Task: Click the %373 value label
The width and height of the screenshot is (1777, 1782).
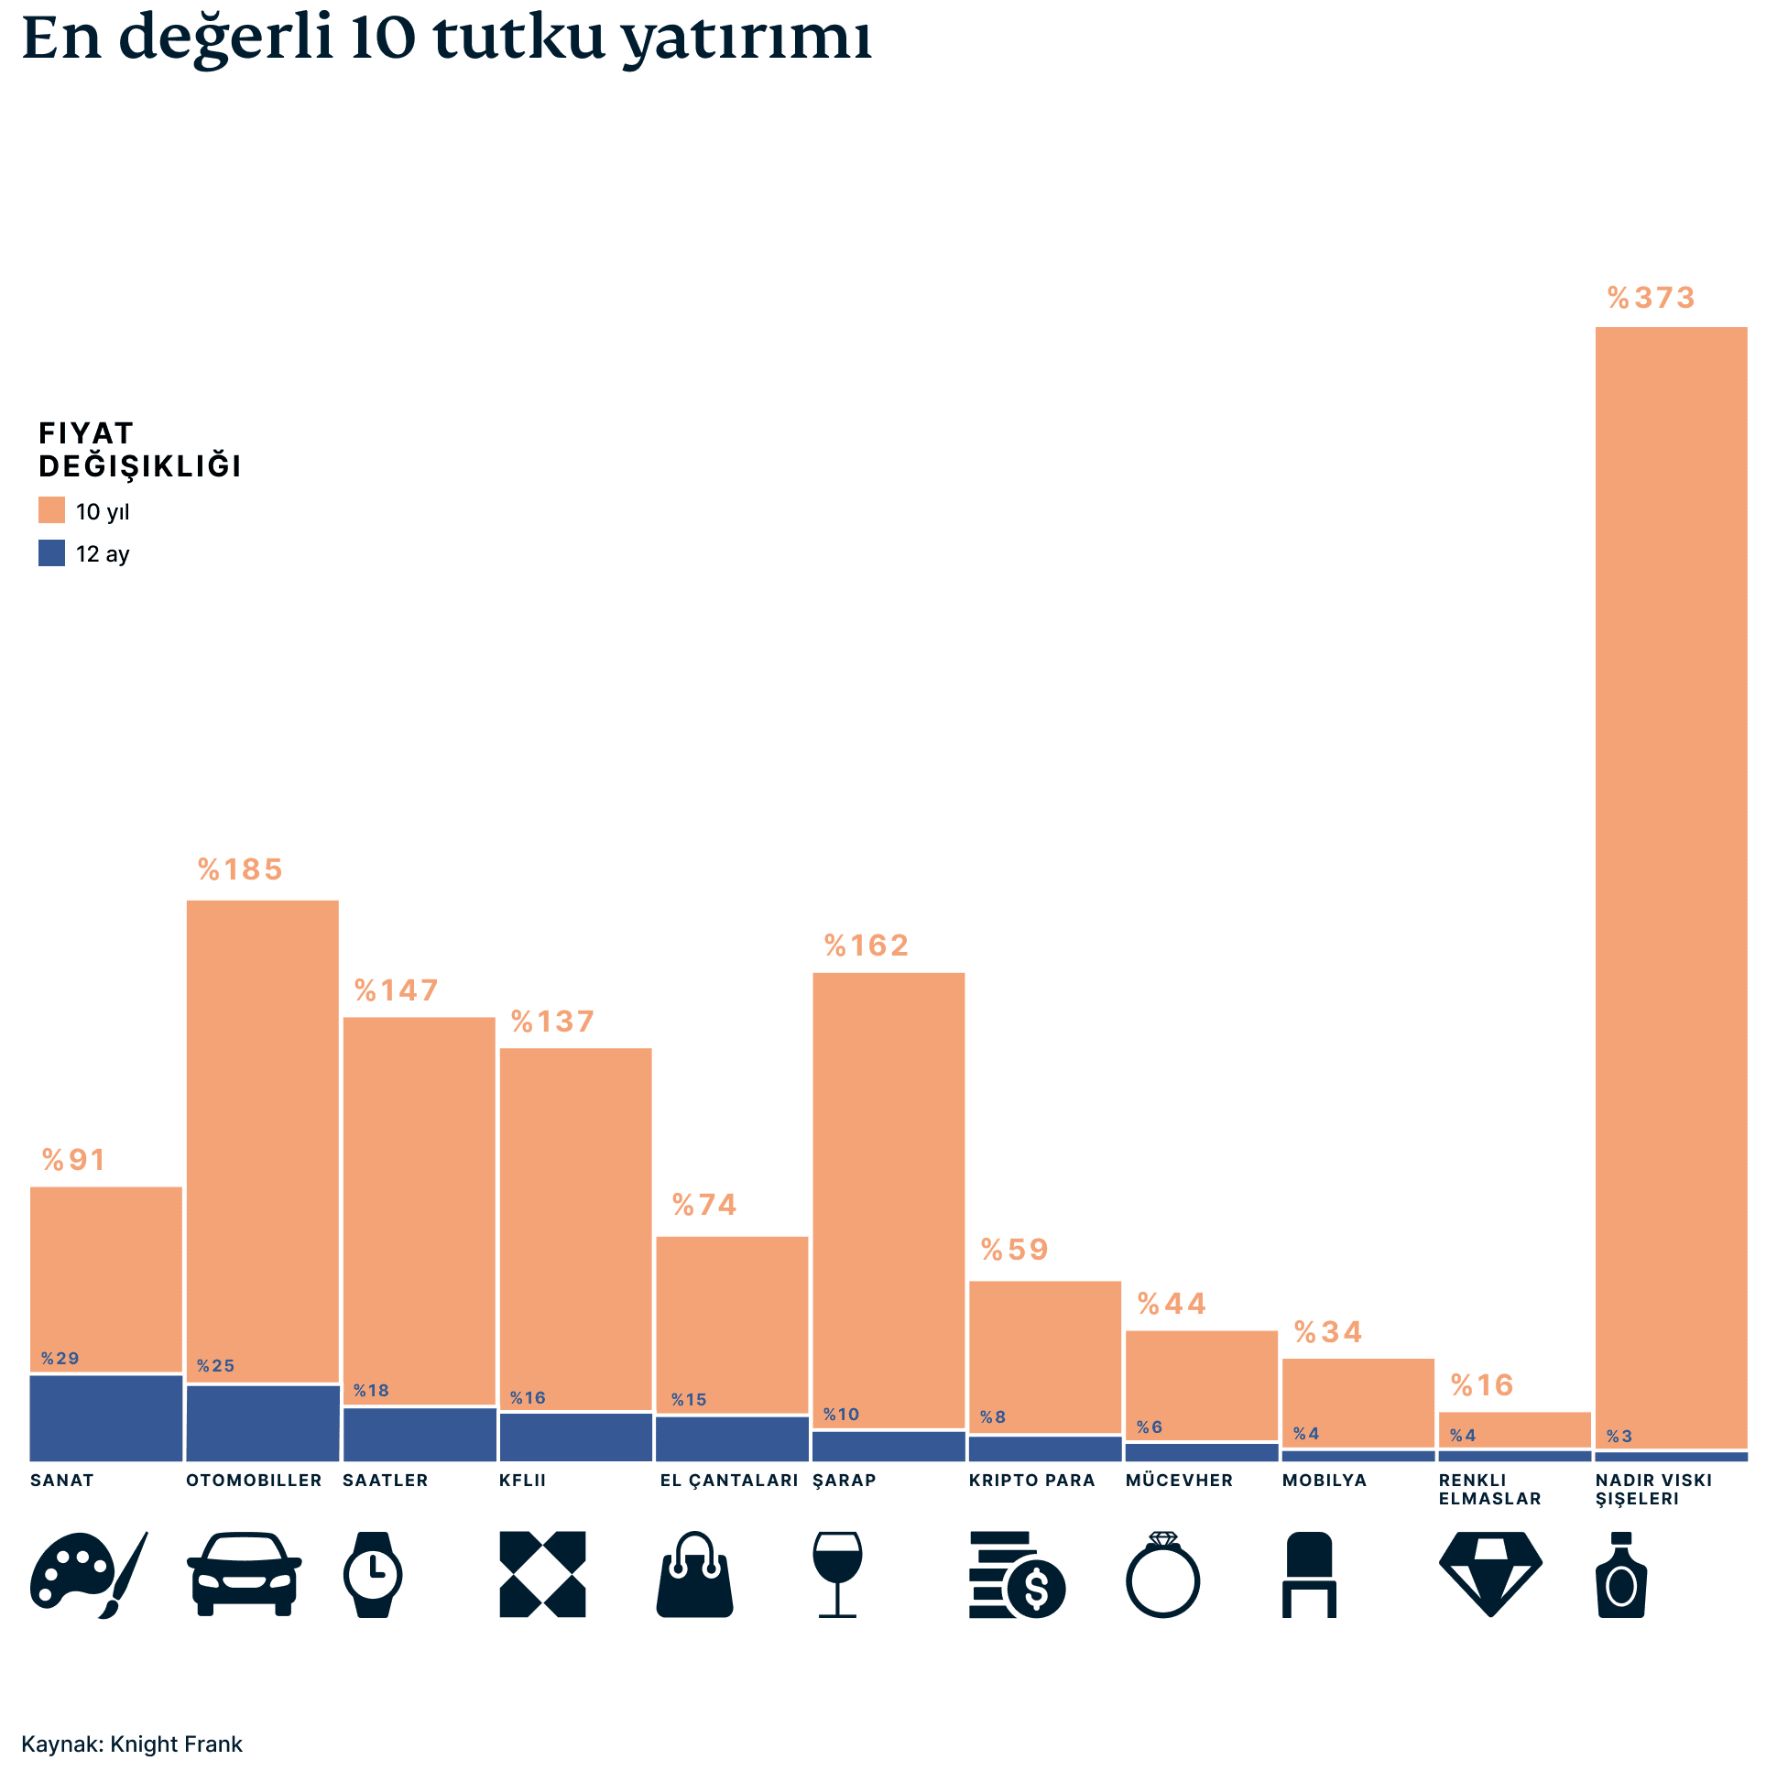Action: (x=1650, y=298)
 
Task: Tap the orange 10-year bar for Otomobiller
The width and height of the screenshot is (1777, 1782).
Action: (x=263, y=1139)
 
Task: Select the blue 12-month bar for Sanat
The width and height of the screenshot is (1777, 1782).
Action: (x=106, y=1417)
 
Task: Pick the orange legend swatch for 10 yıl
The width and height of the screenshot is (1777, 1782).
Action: (x=51, y=510)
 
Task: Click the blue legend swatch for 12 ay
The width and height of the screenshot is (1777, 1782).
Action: (x=51, y=552)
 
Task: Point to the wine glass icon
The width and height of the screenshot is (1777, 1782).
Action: (x=837, y=1574)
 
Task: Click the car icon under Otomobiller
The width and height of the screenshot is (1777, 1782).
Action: (x=244, y=1574)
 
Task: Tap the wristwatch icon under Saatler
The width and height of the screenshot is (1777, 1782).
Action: (x=373, y=1574)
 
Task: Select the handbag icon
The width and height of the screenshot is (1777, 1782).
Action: (x=694, y=1574)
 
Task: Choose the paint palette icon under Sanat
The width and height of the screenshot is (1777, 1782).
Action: (x=88, y=1574)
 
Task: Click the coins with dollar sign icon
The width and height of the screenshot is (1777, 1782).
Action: (x=1016, y=1574)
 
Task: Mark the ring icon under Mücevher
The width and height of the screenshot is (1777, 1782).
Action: (x=1162, y=1574)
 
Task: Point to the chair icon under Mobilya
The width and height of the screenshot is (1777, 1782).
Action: (x=1309, y=1574)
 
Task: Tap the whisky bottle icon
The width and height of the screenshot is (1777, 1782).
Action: (x=1621, y=1574)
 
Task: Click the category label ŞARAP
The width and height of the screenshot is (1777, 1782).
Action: (x=844, y=1481)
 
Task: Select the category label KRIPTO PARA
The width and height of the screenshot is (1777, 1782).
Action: (x=1031, y=1481)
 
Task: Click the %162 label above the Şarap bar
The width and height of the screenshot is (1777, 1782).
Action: (x=866, y=946)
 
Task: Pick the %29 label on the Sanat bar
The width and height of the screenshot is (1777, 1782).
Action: (x=60, y=1359)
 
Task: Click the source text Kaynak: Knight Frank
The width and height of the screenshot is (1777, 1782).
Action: (x=132, y=1744)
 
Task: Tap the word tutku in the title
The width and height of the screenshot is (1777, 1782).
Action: (x=518, y=38)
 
